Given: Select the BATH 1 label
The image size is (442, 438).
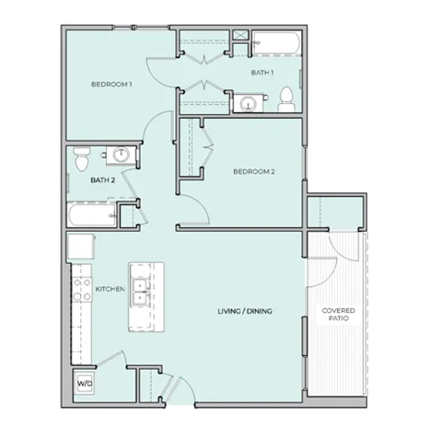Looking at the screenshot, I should [x=263, y=72].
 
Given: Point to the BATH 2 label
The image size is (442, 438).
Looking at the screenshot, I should [x=101, y=180].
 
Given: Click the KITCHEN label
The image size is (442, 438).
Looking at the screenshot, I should [x=110, y=289].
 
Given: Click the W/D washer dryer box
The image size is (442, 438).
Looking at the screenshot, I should [x=83, y=381].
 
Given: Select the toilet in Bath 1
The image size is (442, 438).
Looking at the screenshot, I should [x=286, y=98].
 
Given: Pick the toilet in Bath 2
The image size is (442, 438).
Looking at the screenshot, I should [x=81, y=158].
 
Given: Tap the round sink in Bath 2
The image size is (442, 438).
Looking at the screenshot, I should [x=121, y=155].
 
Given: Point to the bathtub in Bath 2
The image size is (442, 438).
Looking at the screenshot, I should [x=90, y=215].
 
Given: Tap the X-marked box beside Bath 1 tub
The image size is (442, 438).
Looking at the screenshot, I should [x=240, y=36].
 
